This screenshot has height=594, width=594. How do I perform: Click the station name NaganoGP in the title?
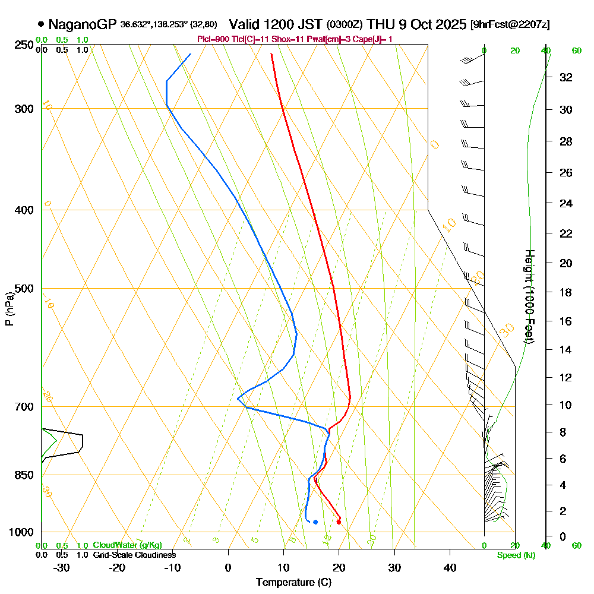(x=83, y=24)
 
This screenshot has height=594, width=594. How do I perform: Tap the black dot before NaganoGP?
(x=40, y=24)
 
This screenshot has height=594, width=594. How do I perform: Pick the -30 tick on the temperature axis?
(x=62, y=567)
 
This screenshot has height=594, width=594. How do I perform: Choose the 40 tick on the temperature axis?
(x=450, y=567)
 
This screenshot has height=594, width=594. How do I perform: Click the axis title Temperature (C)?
(x=293, y=582)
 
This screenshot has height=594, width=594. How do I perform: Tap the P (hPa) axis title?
(x=9, y=308)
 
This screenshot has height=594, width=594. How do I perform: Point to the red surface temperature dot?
(x=339, y=522)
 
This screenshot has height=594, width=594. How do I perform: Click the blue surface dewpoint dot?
(x=315, y=522)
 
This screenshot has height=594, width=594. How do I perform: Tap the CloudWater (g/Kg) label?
(x=127, y=545)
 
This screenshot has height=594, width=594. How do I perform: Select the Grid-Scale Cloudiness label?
(x=134, y=555)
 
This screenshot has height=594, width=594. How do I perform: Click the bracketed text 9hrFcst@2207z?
(x=509, y=25)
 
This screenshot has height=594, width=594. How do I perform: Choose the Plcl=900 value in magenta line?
(x=214, y=39)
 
